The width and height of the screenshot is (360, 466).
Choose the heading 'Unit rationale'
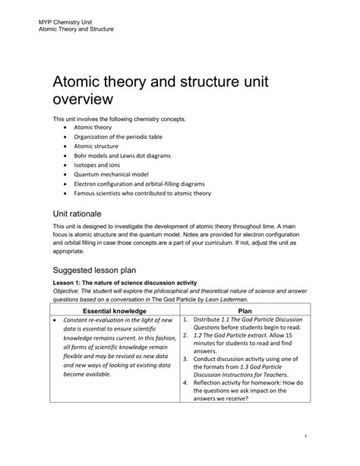pos(84,214)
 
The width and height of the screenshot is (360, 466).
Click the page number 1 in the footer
pos(325,435)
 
